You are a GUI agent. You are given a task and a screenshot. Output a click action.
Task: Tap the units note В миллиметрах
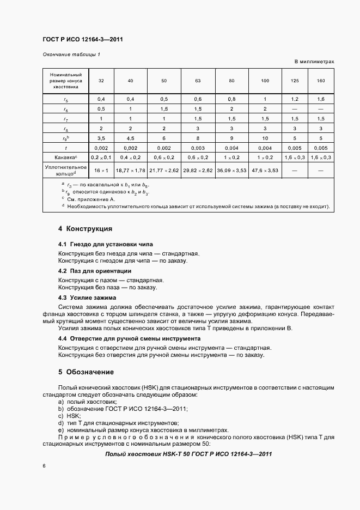click(314, 62)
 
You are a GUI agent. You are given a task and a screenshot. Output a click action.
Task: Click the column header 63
click(198, 81)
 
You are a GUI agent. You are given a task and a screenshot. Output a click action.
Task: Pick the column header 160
click(320, 81)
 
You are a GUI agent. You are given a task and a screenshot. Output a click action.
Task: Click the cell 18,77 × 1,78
click(130, 171)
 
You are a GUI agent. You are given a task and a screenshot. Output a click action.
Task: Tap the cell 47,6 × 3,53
click(265, 171)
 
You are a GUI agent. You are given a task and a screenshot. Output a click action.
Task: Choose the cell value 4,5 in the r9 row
click(130, 138)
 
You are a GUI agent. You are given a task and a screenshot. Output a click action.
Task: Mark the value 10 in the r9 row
click(265, 138)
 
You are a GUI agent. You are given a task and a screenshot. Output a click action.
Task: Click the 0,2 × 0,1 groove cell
click(101, 157)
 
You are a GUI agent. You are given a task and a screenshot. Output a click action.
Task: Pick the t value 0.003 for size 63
click(198, 148)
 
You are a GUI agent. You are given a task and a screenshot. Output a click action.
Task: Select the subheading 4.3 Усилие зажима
click(87, 298)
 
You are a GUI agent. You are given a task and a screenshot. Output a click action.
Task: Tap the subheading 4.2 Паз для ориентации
click(94, 271)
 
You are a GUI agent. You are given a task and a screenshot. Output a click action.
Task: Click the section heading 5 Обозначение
click(86, 372)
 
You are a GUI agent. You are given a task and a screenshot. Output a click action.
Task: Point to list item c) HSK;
click(69, 415)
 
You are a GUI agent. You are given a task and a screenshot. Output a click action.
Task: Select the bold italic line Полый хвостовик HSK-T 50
click(188, 454)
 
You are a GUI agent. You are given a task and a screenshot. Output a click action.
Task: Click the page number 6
click(44, 466)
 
